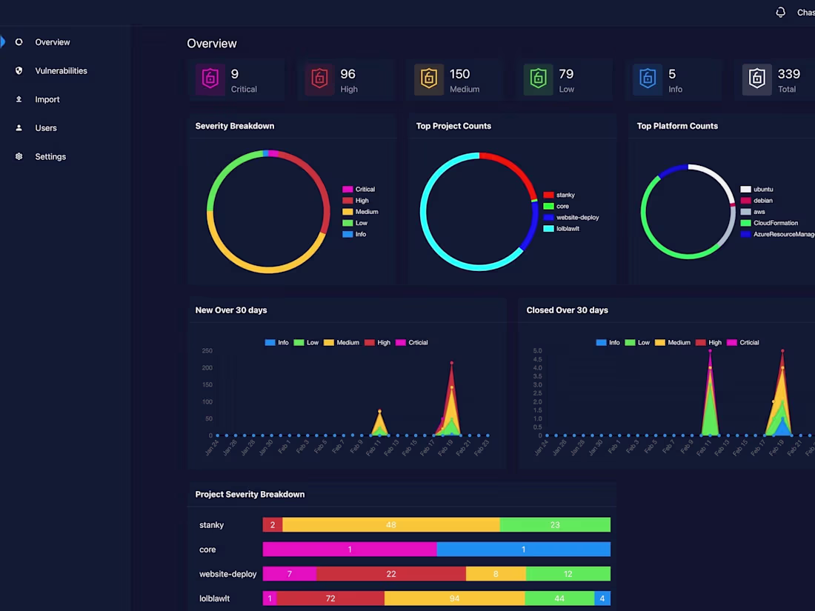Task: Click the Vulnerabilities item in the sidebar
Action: [x=61, y=71]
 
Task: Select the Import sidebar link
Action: [x=47, y=99]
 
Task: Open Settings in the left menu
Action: [x=50, y=157]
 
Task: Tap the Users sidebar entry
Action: [x=46, y=128]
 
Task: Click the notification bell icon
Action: [x=780, y=13]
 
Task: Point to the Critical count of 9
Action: [x=235, y=74]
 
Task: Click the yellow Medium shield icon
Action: [x=429, y=79]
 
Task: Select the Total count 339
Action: [x=788, y=74]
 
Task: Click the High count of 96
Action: [x=347, y=74]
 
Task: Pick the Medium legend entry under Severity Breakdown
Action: [x=366, y=212]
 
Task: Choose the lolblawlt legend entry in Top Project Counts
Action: [x=568, y=229]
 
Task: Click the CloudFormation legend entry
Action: [x=775, y=223]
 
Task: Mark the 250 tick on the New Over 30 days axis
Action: [x=207, y=351]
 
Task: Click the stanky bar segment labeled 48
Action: [x=390, y=525]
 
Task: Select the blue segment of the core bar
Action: [x=523, y=550]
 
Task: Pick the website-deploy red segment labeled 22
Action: [x=390, y=574]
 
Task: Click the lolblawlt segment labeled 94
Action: [x=454, y=598]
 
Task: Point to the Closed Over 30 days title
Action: [x=567, y=310]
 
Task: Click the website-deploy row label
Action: [x=227, y=574]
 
